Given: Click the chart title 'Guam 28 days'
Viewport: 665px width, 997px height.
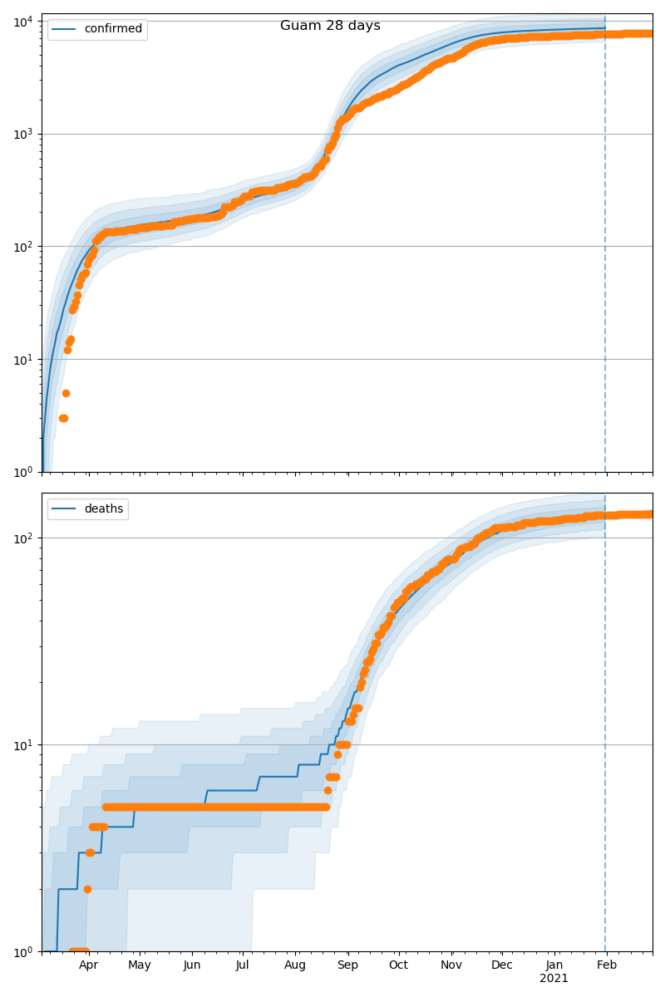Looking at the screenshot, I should click(x=330, y=26).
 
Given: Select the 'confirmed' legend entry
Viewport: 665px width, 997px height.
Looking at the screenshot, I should click(x=113, y=29).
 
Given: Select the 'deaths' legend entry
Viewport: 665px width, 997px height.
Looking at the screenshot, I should click(x=103, y=508).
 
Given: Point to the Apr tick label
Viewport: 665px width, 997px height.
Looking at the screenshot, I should click(x=88, y=965).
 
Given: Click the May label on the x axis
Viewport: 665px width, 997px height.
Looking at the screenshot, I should click(x=140, y=965).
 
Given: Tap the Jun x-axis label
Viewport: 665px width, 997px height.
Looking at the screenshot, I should click(x=192, y=965).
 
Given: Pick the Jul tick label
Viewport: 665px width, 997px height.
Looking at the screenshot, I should click(x=243, y=965).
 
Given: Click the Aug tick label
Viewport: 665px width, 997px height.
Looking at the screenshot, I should click(x=295, y=965).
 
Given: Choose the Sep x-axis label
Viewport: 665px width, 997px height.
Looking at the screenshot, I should click(x=347, y=965).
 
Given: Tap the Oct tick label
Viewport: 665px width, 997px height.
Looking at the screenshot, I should click(x=399, y=965).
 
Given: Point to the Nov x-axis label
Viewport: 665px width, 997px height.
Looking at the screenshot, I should click(x=451, y=965).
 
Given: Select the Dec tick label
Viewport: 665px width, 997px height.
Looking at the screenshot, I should click(x=502, y=965).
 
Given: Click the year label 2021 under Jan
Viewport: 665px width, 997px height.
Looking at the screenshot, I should click(x=554, y=978).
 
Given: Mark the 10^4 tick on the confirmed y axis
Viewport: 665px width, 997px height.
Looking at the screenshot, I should click(x=22, y=21).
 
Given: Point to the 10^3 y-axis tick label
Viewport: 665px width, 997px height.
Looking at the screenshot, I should click(x=22, y=134).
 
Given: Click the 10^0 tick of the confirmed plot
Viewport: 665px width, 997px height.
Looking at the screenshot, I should click(x=22, y=472).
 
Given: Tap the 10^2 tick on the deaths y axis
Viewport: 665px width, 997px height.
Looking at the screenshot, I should click(x=22, y=538).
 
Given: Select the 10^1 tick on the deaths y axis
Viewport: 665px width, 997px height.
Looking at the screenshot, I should click(x=22, y=744).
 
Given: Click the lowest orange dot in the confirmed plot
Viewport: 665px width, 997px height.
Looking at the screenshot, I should click(x=63, y=418).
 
